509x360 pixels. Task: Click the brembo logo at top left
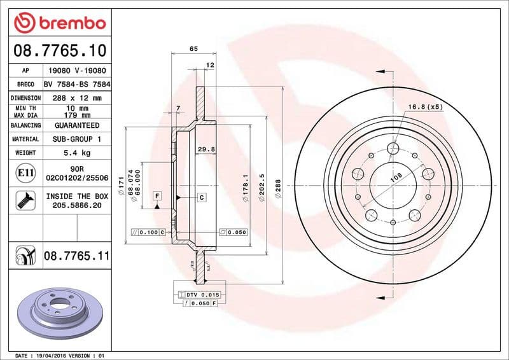[x=59, y=24]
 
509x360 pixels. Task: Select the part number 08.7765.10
[x=59, y=50]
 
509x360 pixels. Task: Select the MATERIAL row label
[x=25, y=139]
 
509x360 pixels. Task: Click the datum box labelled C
[x=201, y=197]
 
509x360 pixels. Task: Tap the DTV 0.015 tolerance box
[x=202, y=295]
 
